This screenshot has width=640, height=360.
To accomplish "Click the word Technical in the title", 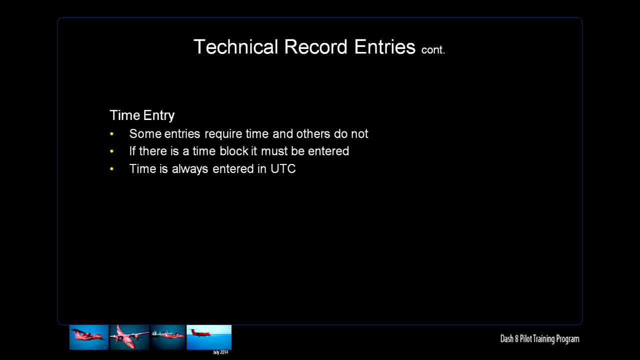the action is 235,46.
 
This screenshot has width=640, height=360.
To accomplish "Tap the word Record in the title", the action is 315,46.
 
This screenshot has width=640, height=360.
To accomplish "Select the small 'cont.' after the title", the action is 433,49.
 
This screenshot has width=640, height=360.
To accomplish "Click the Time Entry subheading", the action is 142,115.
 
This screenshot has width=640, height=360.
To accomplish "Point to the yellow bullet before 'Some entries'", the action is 111,133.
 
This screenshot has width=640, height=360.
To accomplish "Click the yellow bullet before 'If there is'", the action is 111,151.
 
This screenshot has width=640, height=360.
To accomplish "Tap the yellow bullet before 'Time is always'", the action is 111,169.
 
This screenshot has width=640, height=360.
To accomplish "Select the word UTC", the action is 283,168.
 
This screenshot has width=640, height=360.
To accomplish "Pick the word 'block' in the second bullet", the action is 235,151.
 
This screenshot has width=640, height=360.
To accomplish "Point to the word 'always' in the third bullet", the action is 190,169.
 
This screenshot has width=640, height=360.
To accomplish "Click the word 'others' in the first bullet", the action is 313,133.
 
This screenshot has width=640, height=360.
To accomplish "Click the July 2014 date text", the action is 220,352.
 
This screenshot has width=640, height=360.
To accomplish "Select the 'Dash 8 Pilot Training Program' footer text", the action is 539,339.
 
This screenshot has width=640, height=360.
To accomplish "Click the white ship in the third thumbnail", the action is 158,333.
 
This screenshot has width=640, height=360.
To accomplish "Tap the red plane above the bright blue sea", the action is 201,333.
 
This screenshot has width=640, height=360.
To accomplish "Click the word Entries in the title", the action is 385,46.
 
